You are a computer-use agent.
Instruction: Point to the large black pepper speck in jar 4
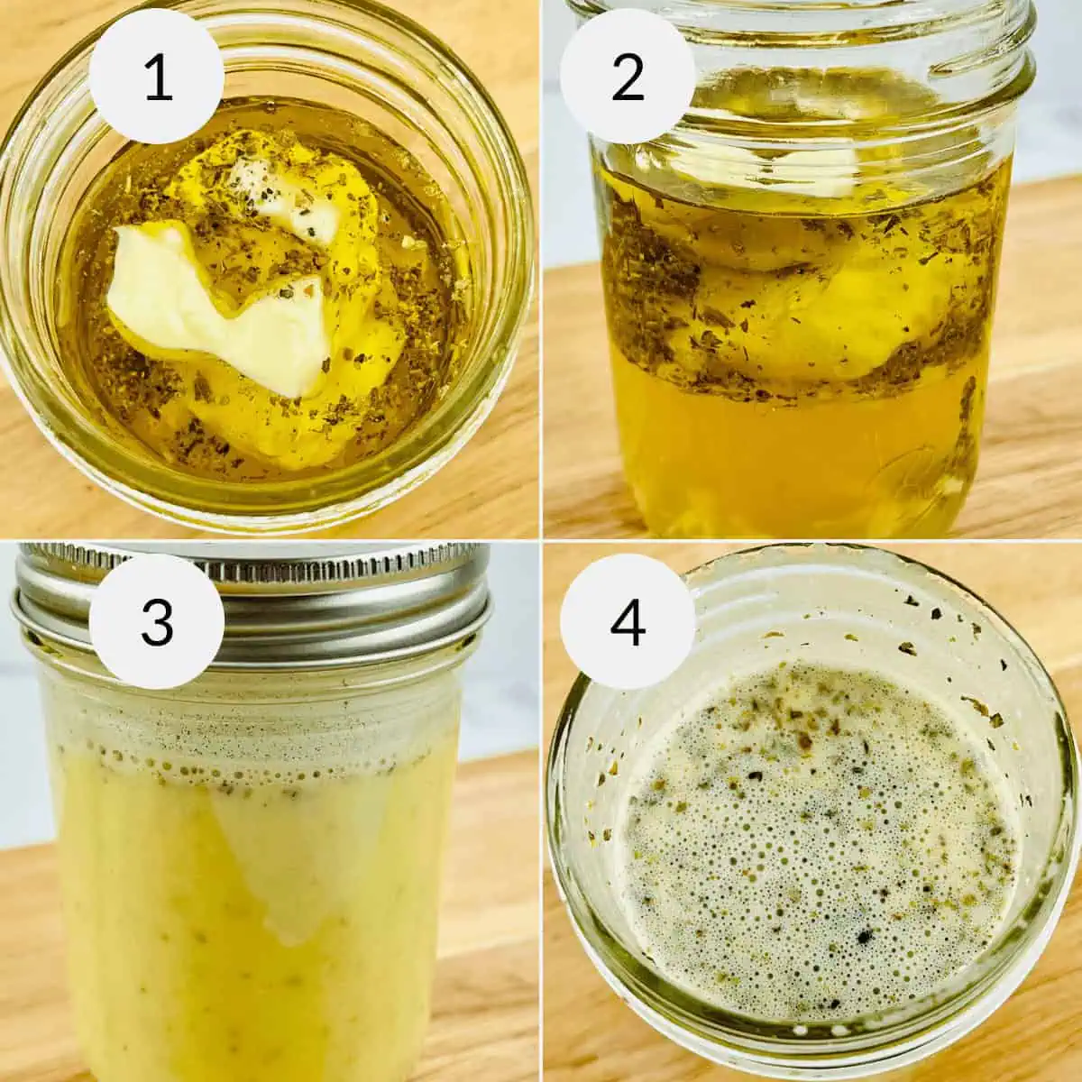[x=863, y=936]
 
